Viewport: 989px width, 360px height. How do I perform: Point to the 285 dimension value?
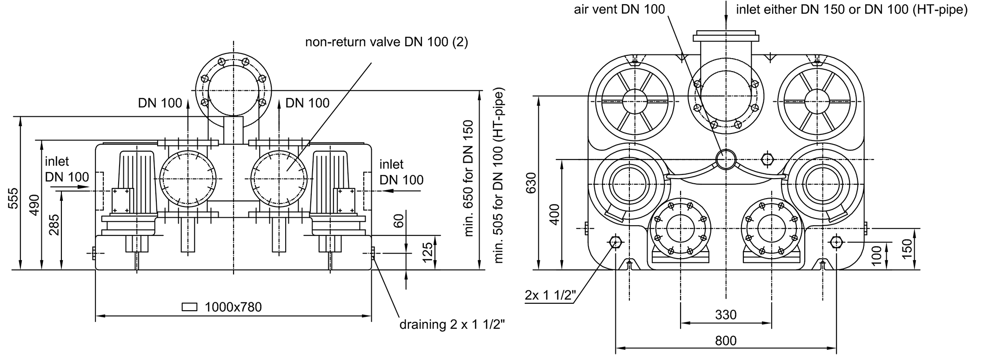55,225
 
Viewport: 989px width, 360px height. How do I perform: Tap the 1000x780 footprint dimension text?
233,307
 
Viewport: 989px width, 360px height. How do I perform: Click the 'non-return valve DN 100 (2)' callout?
386,42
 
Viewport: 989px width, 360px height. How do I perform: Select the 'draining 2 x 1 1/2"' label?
452,324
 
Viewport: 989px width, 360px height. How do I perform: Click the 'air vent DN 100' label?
619,9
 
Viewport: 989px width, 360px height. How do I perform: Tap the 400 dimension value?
555,214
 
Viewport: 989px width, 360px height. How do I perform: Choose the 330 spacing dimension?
726,315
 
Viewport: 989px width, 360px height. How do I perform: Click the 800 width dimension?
726,341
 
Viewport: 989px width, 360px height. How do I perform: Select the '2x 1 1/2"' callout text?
550,294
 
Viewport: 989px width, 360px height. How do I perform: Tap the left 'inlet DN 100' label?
67,169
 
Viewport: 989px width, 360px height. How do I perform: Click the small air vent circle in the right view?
726,159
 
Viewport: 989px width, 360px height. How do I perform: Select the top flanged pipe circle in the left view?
233,90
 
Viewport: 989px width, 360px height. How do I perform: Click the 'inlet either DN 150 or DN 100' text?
851,9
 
